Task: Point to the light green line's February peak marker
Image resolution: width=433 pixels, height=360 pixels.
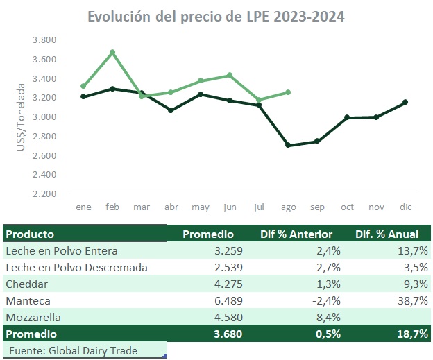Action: coord(112,52)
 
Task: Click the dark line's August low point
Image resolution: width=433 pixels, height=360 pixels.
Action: coord(287,145)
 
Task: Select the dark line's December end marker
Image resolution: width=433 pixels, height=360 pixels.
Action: coord(405,102)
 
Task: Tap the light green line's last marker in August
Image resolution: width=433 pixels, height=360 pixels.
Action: coord(287,92)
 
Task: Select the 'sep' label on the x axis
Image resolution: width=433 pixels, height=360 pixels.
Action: coord(316,207)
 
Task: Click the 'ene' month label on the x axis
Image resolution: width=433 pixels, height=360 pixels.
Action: coord(83,207)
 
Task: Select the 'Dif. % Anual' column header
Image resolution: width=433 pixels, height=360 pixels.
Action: coord(387,234)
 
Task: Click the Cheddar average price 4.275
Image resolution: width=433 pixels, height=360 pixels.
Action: coord(221,284)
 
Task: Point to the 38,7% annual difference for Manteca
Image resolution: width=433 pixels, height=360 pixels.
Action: coord(411,300)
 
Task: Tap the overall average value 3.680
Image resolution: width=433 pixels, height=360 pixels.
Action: coord(219,334)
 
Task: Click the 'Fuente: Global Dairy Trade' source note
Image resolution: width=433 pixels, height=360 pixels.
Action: coord(73,350)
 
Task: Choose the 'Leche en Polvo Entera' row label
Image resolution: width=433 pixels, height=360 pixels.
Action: coord(61,250)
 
